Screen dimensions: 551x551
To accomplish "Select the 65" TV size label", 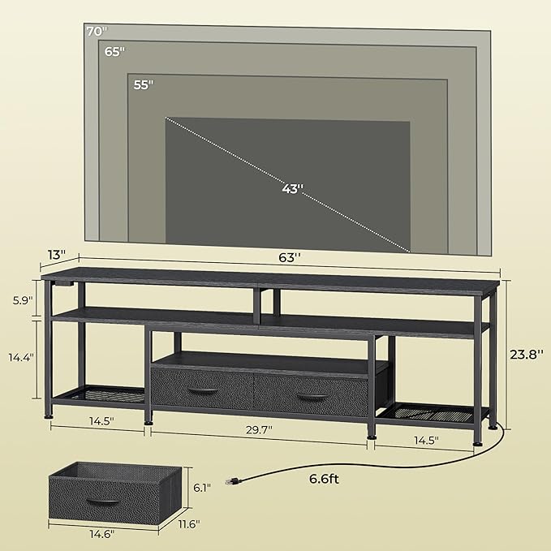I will click(114, 51).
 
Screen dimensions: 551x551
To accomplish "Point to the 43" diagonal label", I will click(291, 189).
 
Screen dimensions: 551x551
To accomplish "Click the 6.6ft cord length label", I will click(324, 479).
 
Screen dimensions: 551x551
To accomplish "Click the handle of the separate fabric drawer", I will click(101, 503).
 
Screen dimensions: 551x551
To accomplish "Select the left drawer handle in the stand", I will click(201, 391).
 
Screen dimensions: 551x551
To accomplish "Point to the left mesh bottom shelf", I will click(98, 395).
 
